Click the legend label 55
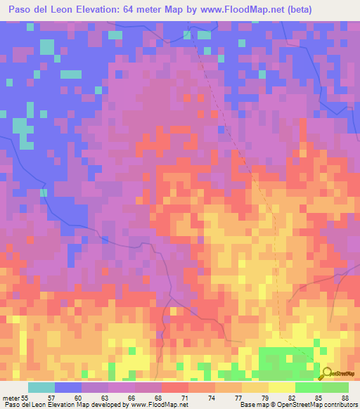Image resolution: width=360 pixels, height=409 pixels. click(24, 398)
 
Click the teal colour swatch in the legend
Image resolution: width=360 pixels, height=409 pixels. click(41, 387)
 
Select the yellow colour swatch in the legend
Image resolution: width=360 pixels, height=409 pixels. click(281, 387)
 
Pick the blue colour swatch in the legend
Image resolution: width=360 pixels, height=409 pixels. click(68, 387)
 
